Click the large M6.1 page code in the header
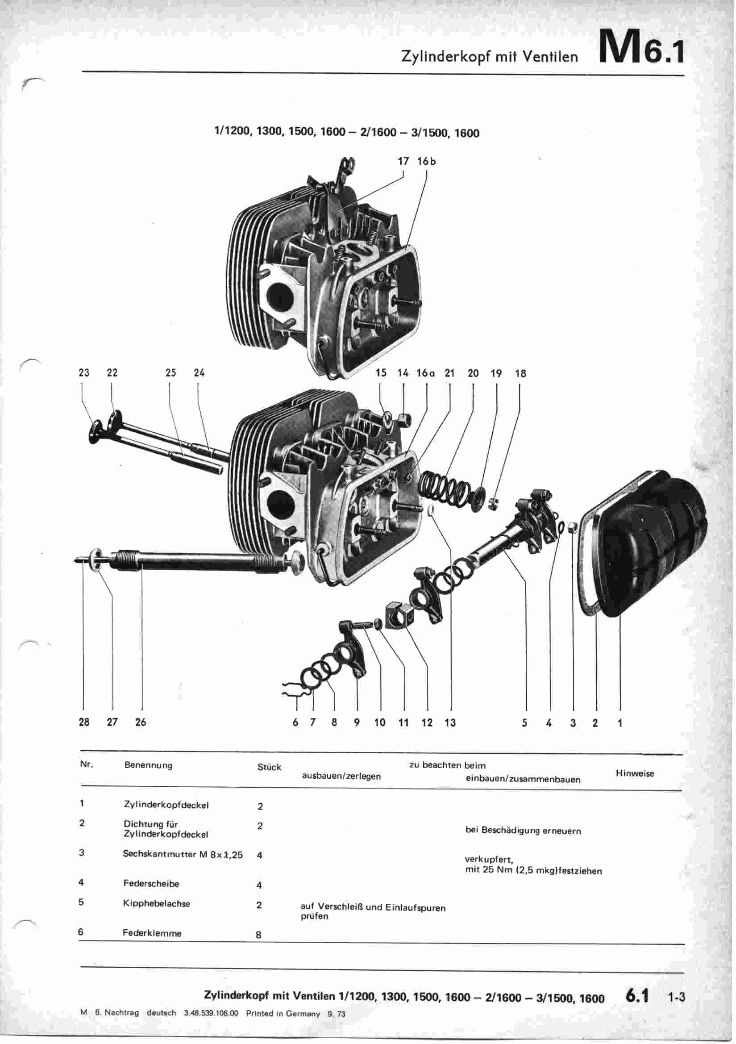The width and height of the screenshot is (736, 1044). pyautogui.click(x=640, y=47)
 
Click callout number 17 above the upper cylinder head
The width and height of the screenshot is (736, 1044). pyautogui.click(x=403, y=161)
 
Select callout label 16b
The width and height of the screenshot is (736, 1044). pyautogui.click(x=426, y=161)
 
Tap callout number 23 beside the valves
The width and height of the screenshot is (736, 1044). pyautogui.click(x=83, y=373)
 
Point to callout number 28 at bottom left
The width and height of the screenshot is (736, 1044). pyautogui.click(x=84, y=722)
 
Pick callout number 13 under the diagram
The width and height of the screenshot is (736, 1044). pyautogui.click(x=450, y=722)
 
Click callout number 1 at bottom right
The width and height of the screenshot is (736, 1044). pyautogui.click(x=620, y=722)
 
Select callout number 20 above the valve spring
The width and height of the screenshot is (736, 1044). pyautogui.click(x=473, y=373)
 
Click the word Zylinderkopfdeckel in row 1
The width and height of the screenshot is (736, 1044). pyautogui.click(x=166, y=805)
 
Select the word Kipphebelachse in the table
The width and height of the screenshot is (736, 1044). pyautogui.click(x=156, y=903)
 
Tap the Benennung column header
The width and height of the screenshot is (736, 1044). pyautogui.click(x=148, y=765)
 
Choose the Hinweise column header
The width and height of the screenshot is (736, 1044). pyautogui.click(x=635, y=773)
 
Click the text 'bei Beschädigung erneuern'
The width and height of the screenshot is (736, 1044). pyautogui.click(x=523, y=831)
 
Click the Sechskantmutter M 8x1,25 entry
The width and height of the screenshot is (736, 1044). pyautogui.click(x=183, y=854)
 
